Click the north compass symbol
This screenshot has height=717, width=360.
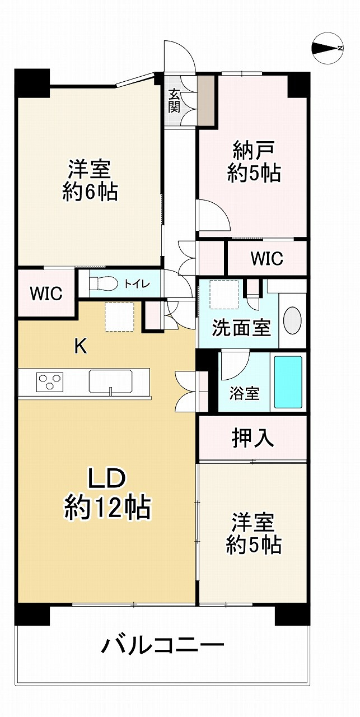point(328,48)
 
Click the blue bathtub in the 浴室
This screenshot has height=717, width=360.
point(288,382)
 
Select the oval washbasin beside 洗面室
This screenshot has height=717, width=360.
point(292,320)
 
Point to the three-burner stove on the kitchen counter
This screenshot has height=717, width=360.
point(50,381)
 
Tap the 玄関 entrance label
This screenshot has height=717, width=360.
point(174,100)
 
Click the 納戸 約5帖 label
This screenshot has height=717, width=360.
point(254,162)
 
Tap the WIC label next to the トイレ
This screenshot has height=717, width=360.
point(46,293)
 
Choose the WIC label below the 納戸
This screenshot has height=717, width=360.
point(267,258)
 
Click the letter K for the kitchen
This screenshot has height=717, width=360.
point(81,346)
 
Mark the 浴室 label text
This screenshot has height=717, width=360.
point(244,393)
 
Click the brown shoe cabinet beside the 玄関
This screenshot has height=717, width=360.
point(206,100)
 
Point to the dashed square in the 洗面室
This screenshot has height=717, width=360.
point(225,295)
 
